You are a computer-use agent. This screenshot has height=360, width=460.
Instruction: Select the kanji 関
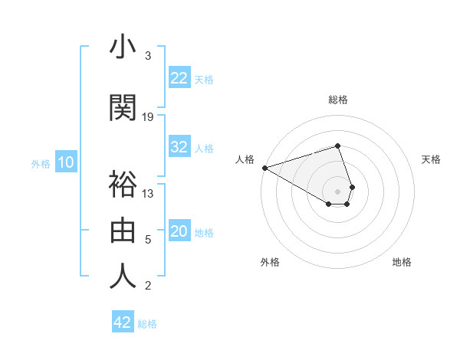point(123,108)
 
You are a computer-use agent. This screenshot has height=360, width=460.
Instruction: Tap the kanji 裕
point(123,184)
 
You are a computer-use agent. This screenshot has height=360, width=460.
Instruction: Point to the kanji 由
point(123,230)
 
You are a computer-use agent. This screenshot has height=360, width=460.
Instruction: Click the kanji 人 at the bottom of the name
point(123,276)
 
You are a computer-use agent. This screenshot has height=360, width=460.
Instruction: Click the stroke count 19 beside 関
point(148,116)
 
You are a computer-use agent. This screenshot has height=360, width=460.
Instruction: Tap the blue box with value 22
point(179,78)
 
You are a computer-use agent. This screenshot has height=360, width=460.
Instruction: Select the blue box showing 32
point(179,148)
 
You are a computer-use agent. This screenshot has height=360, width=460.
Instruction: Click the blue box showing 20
point(179,232)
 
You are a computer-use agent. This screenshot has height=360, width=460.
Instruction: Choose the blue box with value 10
point(65,162)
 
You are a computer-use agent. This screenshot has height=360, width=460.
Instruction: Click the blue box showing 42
point(123,322)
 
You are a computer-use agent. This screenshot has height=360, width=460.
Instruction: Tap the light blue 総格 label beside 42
point(148,324)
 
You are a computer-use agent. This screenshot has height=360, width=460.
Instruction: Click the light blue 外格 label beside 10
point(41,163)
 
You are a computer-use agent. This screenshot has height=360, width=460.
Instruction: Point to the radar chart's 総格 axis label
point(337,100)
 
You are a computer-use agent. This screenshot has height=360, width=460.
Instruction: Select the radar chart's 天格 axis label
point(431,159)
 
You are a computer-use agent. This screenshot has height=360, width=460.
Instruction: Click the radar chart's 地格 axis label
point(402,262)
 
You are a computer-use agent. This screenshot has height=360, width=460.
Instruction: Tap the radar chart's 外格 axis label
point(271,262)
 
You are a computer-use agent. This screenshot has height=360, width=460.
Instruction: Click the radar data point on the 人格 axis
point(264,167)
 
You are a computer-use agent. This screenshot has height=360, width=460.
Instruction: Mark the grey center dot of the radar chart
point(337,191)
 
